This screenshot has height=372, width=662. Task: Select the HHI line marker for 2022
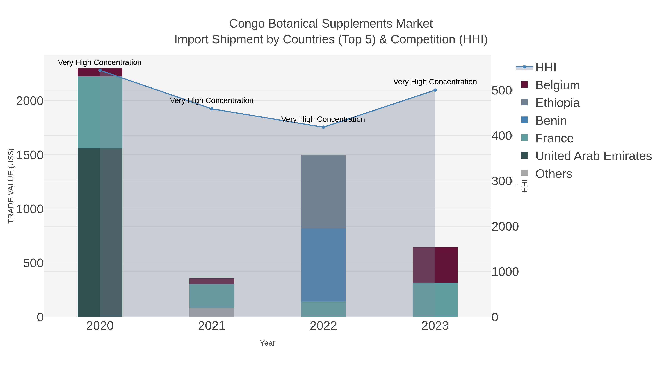pos(323,127)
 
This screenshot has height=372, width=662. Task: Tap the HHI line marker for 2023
pos(435,90)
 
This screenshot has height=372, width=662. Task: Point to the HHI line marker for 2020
pos(100,70)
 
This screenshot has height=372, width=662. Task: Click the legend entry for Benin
pos(551,121)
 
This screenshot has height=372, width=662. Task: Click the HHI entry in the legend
pos(546,68)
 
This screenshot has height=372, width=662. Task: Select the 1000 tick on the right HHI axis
pos(505,272)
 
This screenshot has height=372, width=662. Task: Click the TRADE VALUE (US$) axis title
pos(11,186)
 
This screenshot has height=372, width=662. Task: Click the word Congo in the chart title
pos(247,24)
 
